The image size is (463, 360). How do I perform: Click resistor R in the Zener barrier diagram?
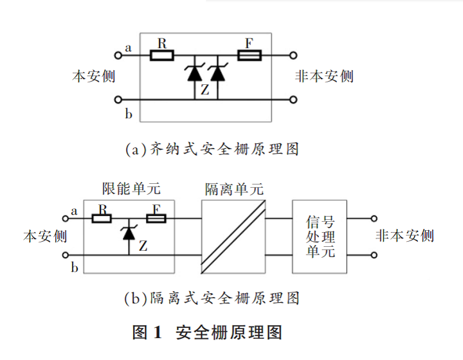(x=162, y=56)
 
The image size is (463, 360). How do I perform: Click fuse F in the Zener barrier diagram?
(x=249, y=56)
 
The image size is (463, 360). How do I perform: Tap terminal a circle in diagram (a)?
(x=118, y=56)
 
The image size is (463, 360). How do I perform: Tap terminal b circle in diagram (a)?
(x=118, y=100)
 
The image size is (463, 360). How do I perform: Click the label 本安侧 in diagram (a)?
(x=93, y=76)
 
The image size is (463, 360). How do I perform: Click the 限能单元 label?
(x=132, y=189)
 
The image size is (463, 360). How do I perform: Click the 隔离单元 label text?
(x=234, y=190)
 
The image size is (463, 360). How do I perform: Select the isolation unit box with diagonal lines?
(x=233, y=236)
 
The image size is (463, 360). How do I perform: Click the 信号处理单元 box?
(x=320, y=236)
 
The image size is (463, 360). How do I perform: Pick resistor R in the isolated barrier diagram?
(x=102, y=219)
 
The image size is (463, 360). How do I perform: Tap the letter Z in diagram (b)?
(x=143, y=246)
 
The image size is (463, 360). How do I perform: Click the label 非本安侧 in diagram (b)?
(x=404, y=236)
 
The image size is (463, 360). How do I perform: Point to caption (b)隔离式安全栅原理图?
(x=212, y=298)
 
